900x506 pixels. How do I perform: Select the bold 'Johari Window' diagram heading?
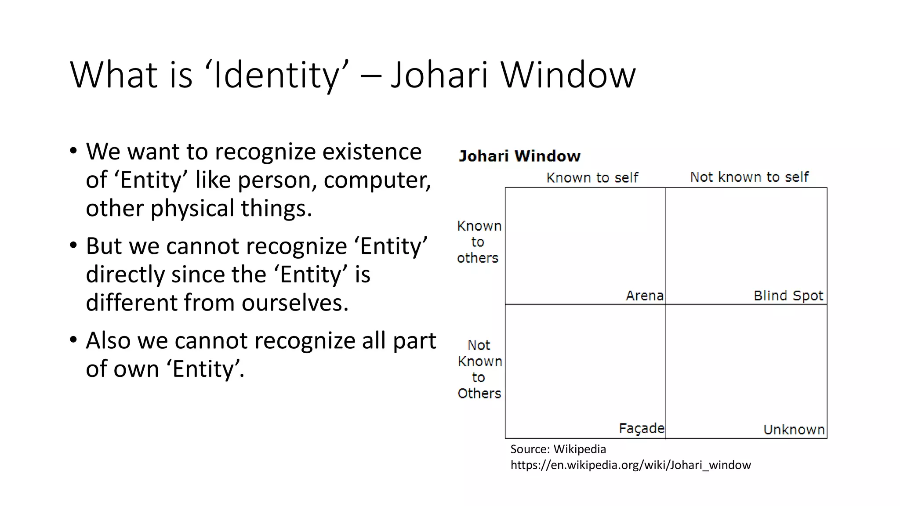(519, 156)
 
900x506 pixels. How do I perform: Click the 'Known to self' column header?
(592, 177)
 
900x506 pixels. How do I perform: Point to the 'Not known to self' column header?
(749, 177)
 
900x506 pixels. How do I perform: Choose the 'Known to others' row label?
(478, 242)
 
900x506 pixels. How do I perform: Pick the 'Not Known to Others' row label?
(479, 369)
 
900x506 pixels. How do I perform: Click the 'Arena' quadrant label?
(644, 296)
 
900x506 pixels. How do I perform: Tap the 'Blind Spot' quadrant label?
(788, 296)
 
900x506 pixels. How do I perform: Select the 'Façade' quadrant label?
(641, 428)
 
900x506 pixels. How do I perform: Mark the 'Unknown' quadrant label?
(794, 430)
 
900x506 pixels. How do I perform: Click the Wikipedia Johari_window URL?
(630, 465)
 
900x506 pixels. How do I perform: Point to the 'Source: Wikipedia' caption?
(558, 449)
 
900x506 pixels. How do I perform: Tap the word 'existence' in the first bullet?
(372, 152)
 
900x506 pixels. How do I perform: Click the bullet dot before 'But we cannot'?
(73, 246)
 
